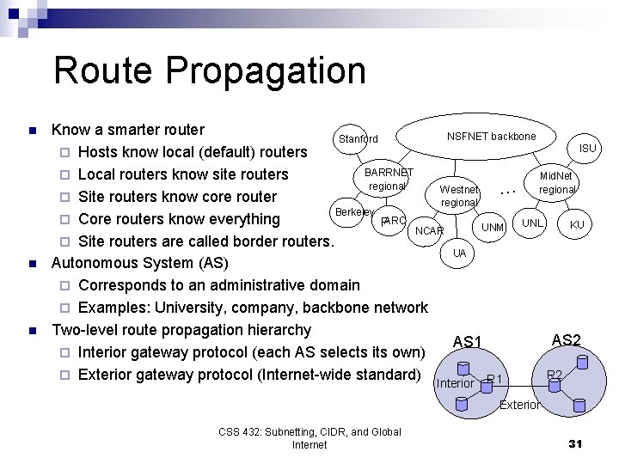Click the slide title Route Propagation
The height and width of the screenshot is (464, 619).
tap(209, 70)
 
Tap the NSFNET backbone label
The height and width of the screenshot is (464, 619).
tap(491, 137)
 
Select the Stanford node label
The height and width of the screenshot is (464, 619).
tap(358, 138)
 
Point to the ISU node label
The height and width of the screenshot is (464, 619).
tap(587, 149)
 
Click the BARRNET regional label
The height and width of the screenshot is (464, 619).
tap(389, 180)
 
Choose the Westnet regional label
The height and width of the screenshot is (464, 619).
tap(459, 196)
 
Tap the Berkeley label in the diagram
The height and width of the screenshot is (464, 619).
tap(353, 211)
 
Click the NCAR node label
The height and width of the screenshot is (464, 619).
tap(429, 231)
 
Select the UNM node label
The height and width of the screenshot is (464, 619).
tap(493, 227)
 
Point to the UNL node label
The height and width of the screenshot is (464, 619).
tap(533, 223)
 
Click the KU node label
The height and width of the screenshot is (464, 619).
tap(577, 225)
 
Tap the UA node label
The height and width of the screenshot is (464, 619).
tap(460, 253)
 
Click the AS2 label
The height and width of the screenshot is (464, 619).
tap(566, 339)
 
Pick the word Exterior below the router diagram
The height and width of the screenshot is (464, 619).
tap(519, 405)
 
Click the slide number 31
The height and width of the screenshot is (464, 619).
tap(576, 443)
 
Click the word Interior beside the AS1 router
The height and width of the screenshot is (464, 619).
tap(456, 383)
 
